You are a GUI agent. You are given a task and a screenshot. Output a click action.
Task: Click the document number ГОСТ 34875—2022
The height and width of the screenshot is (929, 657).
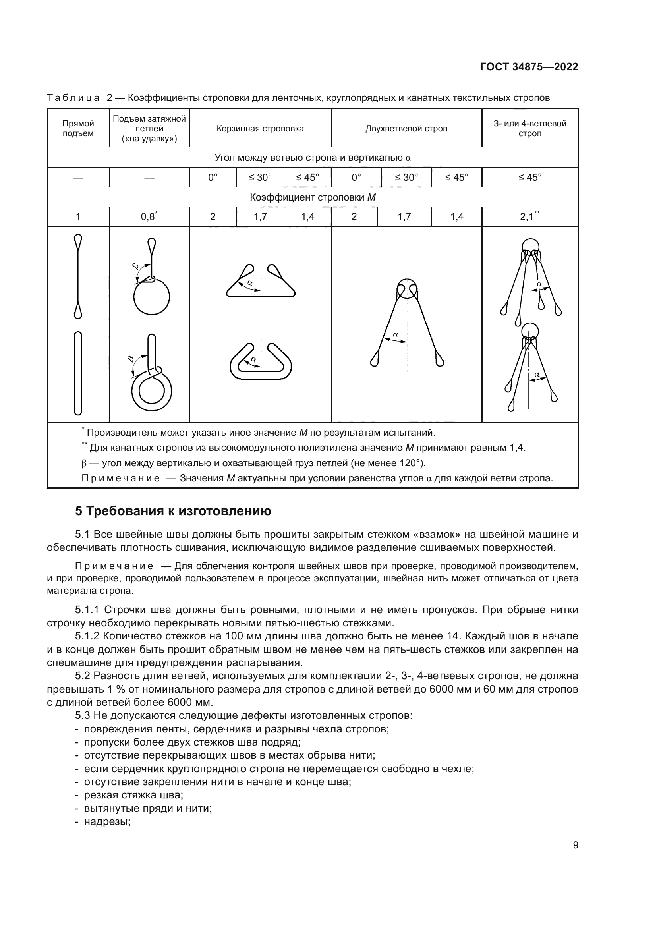point(529,67)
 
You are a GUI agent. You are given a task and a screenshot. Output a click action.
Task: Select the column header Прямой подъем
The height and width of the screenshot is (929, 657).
point(78,129)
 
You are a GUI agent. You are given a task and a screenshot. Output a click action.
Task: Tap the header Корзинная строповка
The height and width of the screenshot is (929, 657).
point(260,129)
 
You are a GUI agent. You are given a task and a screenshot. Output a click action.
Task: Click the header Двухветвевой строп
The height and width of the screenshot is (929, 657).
point(406,129)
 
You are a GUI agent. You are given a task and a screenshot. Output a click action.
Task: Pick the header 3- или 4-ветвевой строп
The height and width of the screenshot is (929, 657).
point(529,129)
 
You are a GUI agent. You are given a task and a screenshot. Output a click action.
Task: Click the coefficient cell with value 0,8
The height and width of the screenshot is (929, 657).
point(149,217)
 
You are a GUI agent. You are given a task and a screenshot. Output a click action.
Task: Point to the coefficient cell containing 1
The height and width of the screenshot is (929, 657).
point(78,217)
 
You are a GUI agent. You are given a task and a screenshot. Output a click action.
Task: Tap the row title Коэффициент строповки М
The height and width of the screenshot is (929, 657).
point(313,197)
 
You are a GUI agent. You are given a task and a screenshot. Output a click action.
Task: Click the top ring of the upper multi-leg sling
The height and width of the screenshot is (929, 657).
point(530,246)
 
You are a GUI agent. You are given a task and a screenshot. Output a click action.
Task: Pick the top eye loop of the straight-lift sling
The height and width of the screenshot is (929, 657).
point(78,242)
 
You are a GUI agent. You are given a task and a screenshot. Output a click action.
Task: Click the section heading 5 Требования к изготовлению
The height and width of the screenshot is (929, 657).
point(173,511)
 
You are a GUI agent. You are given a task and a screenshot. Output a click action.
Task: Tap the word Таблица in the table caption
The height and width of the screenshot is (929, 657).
point(73,98)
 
